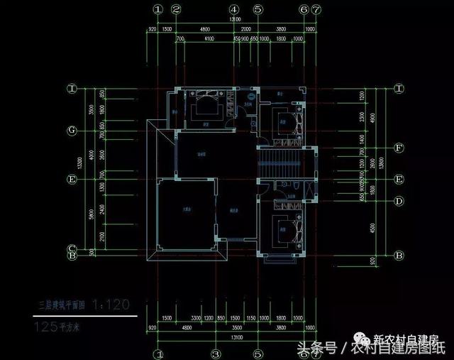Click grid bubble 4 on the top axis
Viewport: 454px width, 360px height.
tap(233, 10)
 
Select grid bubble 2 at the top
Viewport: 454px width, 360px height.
tap(176, 10)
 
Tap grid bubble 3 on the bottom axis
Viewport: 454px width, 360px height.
tap(215, 353)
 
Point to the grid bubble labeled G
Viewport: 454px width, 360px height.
tap(72, 131)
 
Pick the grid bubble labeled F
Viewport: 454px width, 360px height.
tap(400, 148)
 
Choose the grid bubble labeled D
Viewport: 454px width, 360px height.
tap(400, 201)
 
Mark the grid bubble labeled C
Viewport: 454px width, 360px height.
tap(72, 249)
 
